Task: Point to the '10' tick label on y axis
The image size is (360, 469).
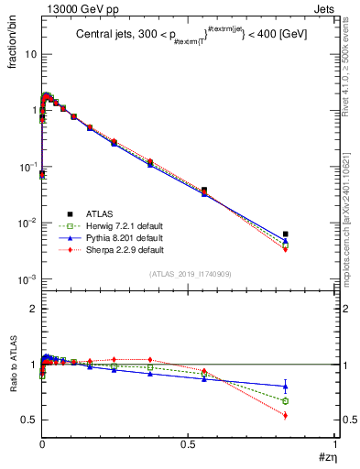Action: pyautogui.click(x=28, y=54)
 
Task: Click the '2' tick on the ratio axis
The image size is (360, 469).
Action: pyautogui.click(x=33, y=309)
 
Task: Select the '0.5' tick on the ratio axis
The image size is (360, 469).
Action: pyautogui.click(x=28, y=420)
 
